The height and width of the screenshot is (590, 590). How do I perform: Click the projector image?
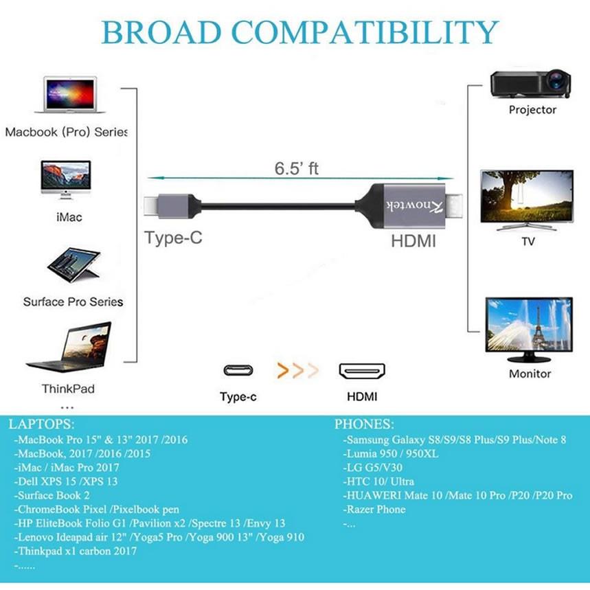530,84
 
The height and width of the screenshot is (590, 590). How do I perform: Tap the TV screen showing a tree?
527,196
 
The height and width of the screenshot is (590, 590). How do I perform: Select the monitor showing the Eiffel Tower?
529,325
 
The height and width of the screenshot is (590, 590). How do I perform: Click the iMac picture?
66,179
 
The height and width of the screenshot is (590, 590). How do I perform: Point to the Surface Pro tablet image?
73,265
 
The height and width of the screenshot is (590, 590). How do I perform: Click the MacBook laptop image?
70,95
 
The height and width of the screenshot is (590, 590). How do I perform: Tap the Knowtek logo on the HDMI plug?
415,206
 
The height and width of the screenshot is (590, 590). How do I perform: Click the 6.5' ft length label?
297,168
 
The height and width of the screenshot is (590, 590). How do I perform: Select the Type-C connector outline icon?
238,371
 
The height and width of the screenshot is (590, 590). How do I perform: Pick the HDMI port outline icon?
362,371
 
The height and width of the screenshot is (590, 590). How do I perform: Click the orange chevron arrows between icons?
297,371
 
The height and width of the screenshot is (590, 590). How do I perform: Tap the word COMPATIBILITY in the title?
365,32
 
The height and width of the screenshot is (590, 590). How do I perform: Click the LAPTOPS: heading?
41,424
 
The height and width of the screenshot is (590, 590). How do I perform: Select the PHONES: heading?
364,424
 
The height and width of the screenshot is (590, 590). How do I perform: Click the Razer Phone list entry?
374,510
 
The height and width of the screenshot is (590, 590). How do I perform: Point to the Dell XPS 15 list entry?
66,481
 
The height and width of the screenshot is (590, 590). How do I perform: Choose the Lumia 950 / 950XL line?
391,454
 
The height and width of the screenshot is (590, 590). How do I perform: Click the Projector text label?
532,110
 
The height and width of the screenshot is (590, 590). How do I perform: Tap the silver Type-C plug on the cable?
170,206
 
